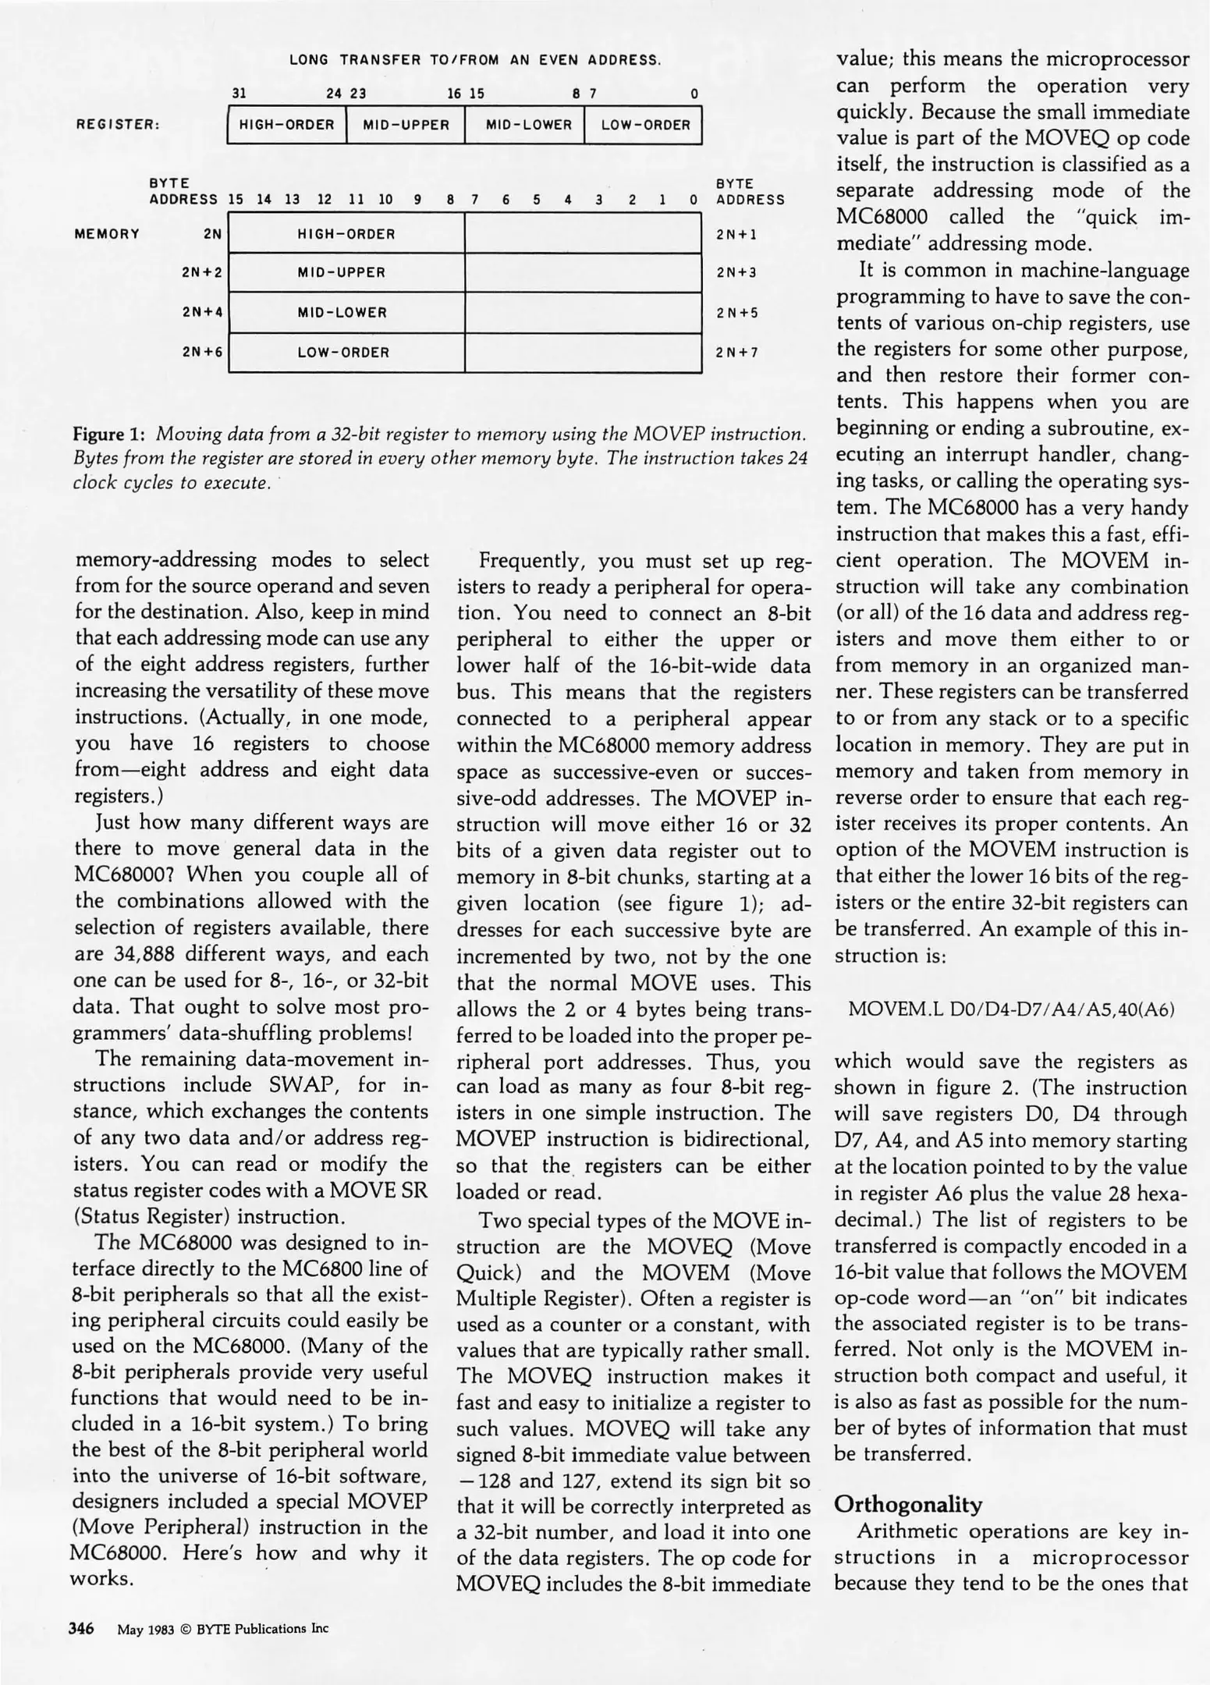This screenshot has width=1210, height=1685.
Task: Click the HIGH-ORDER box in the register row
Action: pyautogui.click(x=286, y=125)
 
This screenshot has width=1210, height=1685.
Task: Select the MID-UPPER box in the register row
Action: pyautogui.click(x=406, y=125)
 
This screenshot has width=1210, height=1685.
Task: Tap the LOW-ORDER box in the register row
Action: pyautogui.click(x=644, y=125)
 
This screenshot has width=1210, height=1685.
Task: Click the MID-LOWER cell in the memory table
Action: pyautogui.click(x=346, y=313)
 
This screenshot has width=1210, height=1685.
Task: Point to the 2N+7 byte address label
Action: pyautogui.click(x=736, y=353)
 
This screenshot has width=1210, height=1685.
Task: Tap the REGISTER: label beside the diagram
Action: pyautogui.click(x=118, y=125)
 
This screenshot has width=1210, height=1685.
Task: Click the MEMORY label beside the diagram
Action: pyautogui.click(x=107, y=234)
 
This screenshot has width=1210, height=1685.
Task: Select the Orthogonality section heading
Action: pyautogui.click(x=908, y=1504)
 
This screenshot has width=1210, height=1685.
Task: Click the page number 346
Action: pyautogui.click(x=82, y=1628)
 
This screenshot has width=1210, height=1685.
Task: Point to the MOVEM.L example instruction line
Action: pyautogui.click(x=1011, y=1009)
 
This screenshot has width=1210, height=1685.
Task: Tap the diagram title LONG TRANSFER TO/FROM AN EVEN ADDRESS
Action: pyautogui.click(x=475, y=60)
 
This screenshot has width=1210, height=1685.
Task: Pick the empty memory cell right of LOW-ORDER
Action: pyautogui.click(x=583, y=353)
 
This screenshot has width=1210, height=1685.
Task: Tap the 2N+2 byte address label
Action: pyautogui.click(x=202, y=273)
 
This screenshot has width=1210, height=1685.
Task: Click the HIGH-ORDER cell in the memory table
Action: pyautogui.click(x=346, y=234)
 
